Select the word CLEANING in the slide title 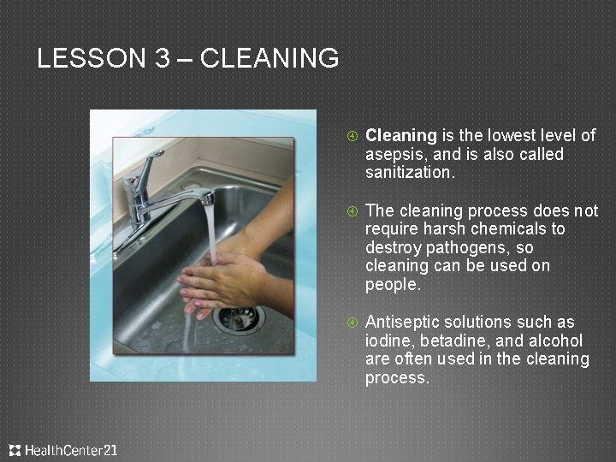click(x=269, y=58)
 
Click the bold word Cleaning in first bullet click(x=401, y=135)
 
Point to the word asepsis click(x=393, y=154)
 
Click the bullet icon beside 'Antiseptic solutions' click(x=352, y=323)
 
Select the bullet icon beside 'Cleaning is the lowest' click(x=352, y=136)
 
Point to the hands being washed click(x=222, y=282)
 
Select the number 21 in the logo click(x=110, y=449)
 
